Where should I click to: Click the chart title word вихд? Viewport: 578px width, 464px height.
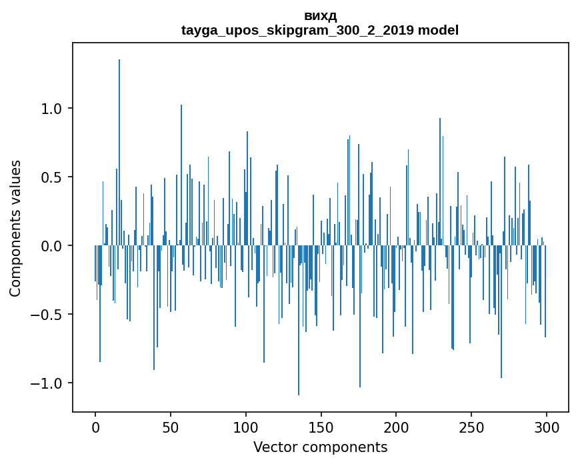click(x=320, y=16)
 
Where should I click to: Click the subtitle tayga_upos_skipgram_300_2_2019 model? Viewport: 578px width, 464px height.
click(x=320, y=30)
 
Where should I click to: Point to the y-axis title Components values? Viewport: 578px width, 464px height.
click(x=15, y=228)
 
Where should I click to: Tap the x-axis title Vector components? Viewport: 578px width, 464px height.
click(x=320, y=447)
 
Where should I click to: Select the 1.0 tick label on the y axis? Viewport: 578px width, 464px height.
click(x=53, y=109)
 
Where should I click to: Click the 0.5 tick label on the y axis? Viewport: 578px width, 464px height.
click(x=53, y=177)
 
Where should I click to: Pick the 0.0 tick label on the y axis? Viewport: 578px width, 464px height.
click(x=53, y=246)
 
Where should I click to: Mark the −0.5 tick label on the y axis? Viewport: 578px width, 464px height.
click(x=49, y=315)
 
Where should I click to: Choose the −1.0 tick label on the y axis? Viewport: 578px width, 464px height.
click(x=49, y=383)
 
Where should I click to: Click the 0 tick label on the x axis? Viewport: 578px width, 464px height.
click(x=95, y=427)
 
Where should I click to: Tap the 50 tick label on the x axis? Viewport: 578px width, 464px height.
click(x=171, y=427)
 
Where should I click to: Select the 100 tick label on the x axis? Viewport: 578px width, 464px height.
click(x=246, y=427)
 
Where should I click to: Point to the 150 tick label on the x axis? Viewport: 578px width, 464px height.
click(x=321, y=427)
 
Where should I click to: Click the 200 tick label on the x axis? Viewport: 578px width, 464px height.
click(x=396, y=427)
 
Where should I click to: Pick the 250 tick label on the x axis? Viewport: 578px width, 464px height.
click(x=471, y=427)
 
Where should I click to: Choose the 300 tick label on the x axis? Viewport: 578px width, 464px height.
click(x=547, y=427)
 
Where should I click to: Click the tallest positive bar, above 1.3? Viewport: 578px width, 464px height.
click(x=119, y=153)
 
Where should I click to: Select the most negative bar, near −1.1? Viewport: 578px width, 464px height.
click(x=299, y=320)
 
